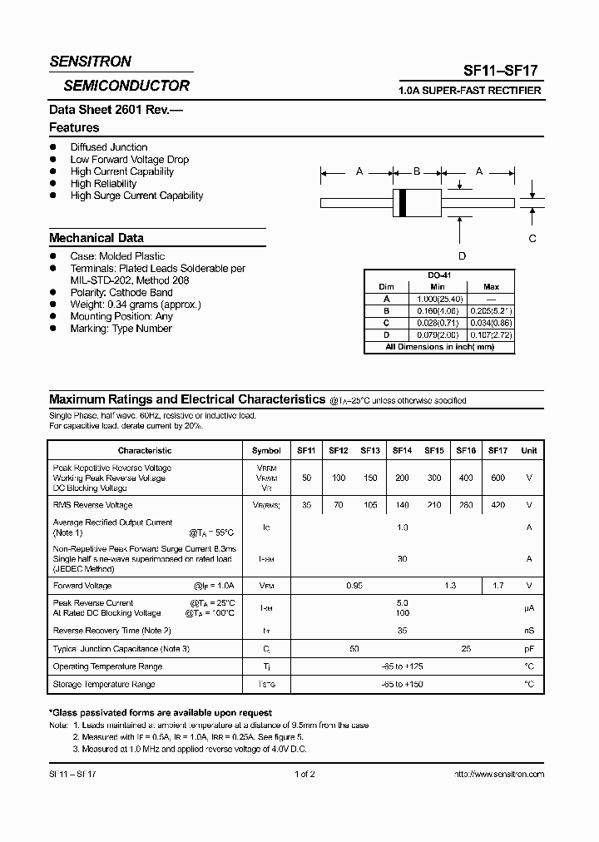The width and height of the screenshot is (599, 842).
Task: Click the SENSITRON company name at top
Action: (x=90, y=62)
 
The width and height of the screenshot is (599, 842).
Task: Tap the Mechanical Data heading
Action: (x=97, y=238)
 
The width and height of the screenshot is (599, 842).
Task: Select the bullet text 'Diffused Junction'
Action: (x=109, y=147)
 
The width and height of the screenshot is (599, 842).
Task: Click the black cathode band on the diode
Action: (x=403, y=201)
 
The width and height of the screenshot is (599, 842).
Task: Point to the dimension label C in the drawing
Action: (x=532, y=238)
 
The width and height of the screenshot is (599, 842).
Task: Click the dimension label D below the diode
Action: (x=462, y=255)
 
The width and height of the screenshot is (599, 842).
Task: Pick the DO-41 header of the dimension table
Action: (x=441, y=275)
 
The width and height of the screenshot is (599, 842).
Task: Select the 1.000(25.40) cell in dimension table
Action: (x=438, y=298)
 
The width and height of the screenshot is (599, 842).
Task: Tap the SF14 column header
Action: (x=402, y=450)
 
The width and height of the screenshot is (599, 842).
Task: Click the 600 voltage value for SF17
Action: (x=498, y=478)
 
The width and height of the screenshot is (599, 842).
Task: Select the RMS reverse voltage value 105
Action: (x=370, y=505)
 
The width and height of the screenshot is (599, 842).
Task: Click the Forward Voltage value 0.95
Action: (x=354, y=586)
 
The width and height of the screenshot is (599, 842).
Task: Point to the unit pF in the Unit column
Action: (x=528, y=648)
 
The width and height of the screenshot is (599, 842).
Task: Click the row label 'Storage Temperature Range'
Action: (x=104, y=684)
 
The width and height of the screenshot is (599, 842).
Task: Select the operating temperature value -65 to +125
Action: (x=403, y=666)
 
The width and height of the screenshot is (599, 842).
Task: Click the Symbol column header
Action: (x=266, y=450)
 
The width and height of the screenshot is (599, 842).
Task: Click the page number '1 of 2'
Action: (x=304, y=774)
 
